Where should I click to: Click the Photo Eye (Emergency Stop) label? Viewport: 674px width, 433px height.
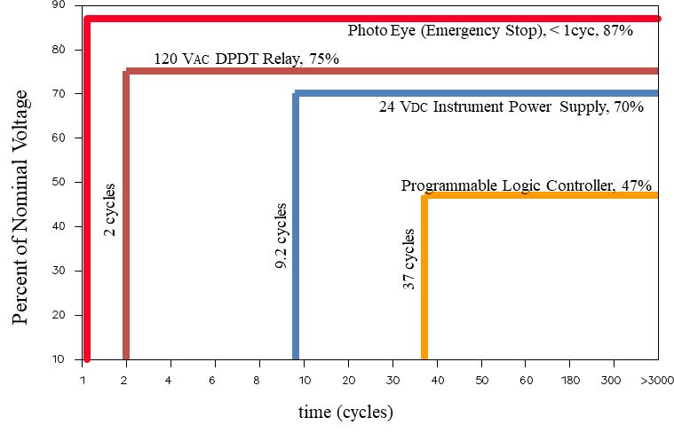click(489, 31)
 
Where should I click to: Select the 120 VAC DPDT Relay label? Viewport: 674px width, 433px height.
click(246, 59)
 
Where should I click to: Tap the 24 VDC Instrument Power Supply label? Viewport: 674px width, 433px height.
click(511, 107)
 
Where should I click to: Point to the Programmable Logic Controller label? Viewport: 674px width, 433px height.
click(526, 185)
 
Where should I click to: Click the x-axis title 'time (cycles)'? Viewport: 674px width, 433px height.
click(345, 413)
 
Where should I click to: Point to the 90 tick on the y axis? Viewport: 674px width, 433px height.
click(59, 6)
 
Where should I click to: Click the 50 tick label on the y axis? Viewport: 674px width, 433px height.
click(59, 183)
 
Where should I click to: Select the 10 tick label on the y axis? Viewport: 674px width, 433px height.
click(59, 359)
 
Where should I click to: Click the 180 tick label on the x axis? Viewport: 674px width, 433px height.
click(570, 381)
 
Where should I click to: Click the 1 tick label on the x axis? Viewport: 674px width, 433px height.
click(83, 381)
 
